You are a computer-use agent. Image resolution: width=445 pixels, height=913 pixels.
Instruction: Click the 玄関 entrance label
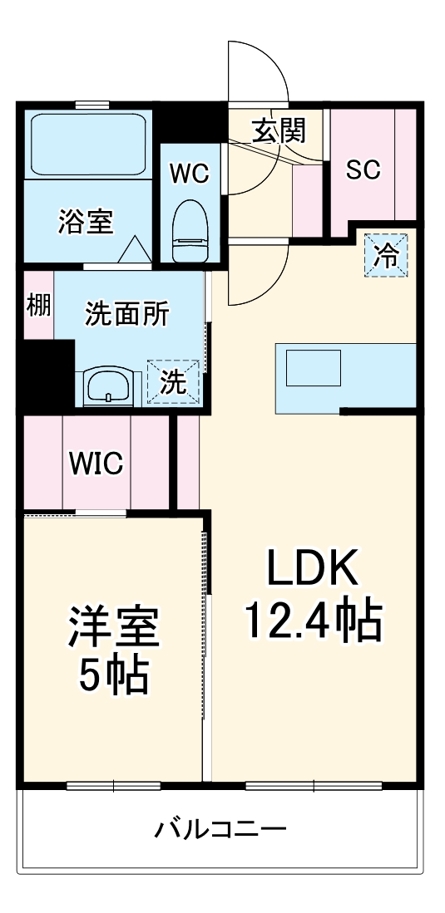279,130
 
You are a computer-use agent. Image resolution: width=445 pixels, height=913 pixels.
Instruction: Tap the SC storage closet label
363,169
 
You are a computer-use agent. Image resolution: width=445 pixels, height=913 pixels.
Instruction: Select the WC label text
189,174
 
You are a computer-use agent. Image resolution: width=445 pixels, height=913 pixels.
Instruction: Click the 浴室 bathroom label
86,222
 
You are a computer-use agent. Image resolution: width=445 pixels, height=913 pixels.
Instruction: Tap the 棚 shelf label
38,305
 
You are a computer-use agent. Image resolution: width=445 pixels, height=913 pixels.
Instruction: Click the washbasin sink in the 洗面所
107,385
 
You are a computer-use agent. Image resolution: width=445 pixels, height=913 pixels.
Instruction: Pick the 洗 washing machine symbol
174,381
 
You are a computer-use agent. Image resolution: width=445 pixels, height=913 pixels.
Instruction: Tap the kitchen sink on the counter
314,367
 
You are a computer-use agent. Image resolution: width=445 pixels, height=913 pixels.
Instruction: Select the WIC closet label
96,464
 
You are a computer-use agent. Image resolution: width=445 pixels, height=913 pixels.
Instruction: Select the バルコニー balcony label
220,828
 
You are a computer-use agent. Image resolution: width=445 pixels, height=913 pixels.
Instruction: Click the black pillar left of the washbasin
47,376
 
